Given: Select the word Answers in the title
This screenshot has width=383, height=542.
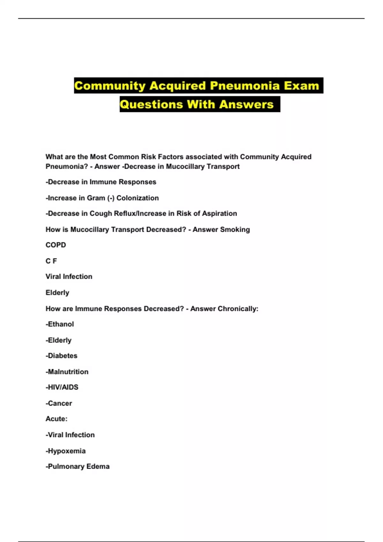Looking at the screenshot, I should pyautogui.click(x=246, y=104).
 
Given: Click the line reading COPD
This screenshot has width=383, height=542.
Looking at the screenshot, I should pyautogui.click(x=56, y=245).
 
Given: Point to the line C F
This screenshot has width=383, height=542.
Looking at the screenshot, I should pyautogui.click(x=51, y=261).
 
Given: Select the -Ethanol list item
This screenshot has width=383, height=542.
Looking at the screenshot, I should pyautogui.click(x=60, y=324).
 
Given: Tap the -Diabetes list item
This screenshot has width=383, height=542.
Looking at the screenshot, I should pyautogui.click(x=61, y=356).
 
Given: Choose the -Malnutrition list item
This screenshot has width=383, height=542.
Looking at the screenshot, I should pyautogui.click(x=67, y=372).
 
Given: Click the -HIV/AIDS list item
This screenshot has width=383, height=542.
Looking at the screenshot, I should pyautogui.click(x=62, y=387).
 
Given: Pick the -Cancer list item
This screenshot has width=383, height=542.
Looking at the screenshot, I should pyautogui.click(x=59, y=403).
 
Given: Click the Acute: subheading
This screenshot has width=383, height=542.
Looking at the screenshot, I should pyautogui.click(x=56, y=419).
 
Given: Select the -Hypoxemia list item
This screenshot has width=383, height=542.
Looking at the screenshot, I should pyautogui.click(x=65, y=451).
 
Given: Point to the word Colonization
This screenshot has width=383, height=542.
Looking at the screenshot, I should pyautogui.click(x=138, y=198).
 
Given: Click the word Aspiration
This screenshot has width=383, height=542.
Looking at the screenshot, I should pyautogui.click(x=220, y=214).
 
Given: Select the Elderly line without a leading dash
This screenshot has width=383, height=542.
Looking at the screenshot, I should pyautogui.click(x=57, y=293).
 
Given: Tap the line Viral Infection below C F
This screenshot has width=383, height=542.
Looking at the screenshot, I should pyautogui.click(x=69, y=277).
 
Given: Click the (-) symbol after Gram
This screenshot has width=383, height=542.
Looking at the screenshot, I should pyautogui.click(x=111, y=198).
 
